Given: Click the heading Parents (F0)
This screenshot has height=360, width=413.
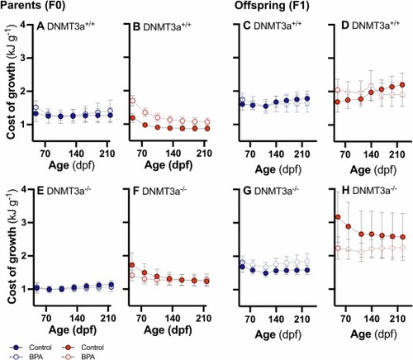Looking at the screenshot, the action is point(33,5).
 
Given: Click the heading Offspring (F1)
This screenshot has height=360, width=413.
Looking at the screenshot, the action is point(272,5).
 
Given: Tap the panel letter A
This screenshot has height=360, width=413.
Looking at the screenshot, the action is point(40,26).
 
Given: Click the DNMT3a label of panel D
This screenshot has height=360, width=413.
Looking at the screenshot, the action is point(376,26).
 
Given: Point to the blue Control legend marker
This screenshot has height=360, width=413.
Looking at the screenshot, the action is point(17,348).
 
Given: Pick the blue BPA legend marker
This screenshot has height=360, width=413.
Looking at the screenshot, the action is point(17,357).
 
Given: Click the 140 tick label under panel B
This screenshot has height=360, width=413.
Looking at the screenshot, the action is point(173,153).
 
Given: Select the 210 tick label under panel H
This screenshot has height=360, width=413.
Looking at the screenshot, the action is point(397,319).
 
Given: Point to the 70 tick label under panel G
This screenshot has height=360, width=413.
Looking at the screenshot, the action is point(250,320).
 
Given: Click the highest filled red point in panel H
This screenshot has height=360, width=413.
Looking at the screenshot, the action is point(338,217).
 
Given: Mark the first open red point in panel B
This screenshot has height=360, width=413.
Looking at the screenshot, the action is point(133,101).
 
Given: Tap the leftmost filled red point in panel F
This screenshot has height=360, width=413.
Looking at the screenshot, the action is point(132,265).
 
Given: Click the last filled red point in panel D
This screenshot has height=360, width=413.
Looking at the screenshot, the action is point(402,85).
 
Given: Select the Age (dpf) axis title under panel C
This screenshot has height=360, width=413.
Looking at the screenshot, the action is point(278,169).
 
